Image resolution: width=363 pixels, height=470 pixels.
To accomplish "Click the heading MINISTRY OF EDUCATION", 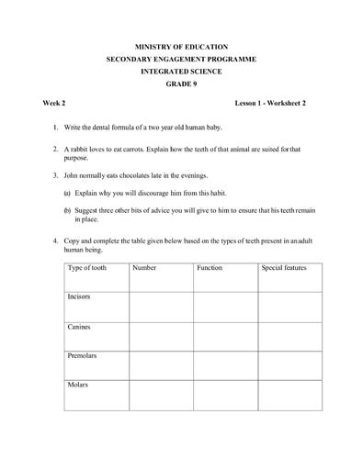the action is coord(181,45).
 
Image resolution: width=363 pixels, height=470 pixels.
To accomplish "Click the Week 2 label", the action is coord(54,106).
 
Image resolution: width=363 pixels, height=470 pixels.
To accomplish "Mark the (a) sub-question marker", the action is coord(67,193).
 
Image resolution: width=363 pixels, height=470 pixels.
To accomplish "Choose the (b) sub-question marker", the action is coord(67,209).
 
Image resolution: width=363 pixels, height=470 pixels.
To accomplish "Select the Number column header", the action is coord(144,268).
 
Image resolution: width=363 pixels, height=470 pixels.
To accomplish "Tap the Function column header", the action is coord(210,268).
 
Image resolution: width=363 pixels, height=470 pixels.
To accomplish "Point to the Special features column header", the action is coord(284,268).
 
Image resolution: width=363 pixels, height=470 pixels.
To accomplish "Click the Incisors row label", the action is coord(79,297).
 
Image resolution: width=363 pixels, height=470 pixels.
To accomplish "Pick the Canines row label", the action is coord(78,326).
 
